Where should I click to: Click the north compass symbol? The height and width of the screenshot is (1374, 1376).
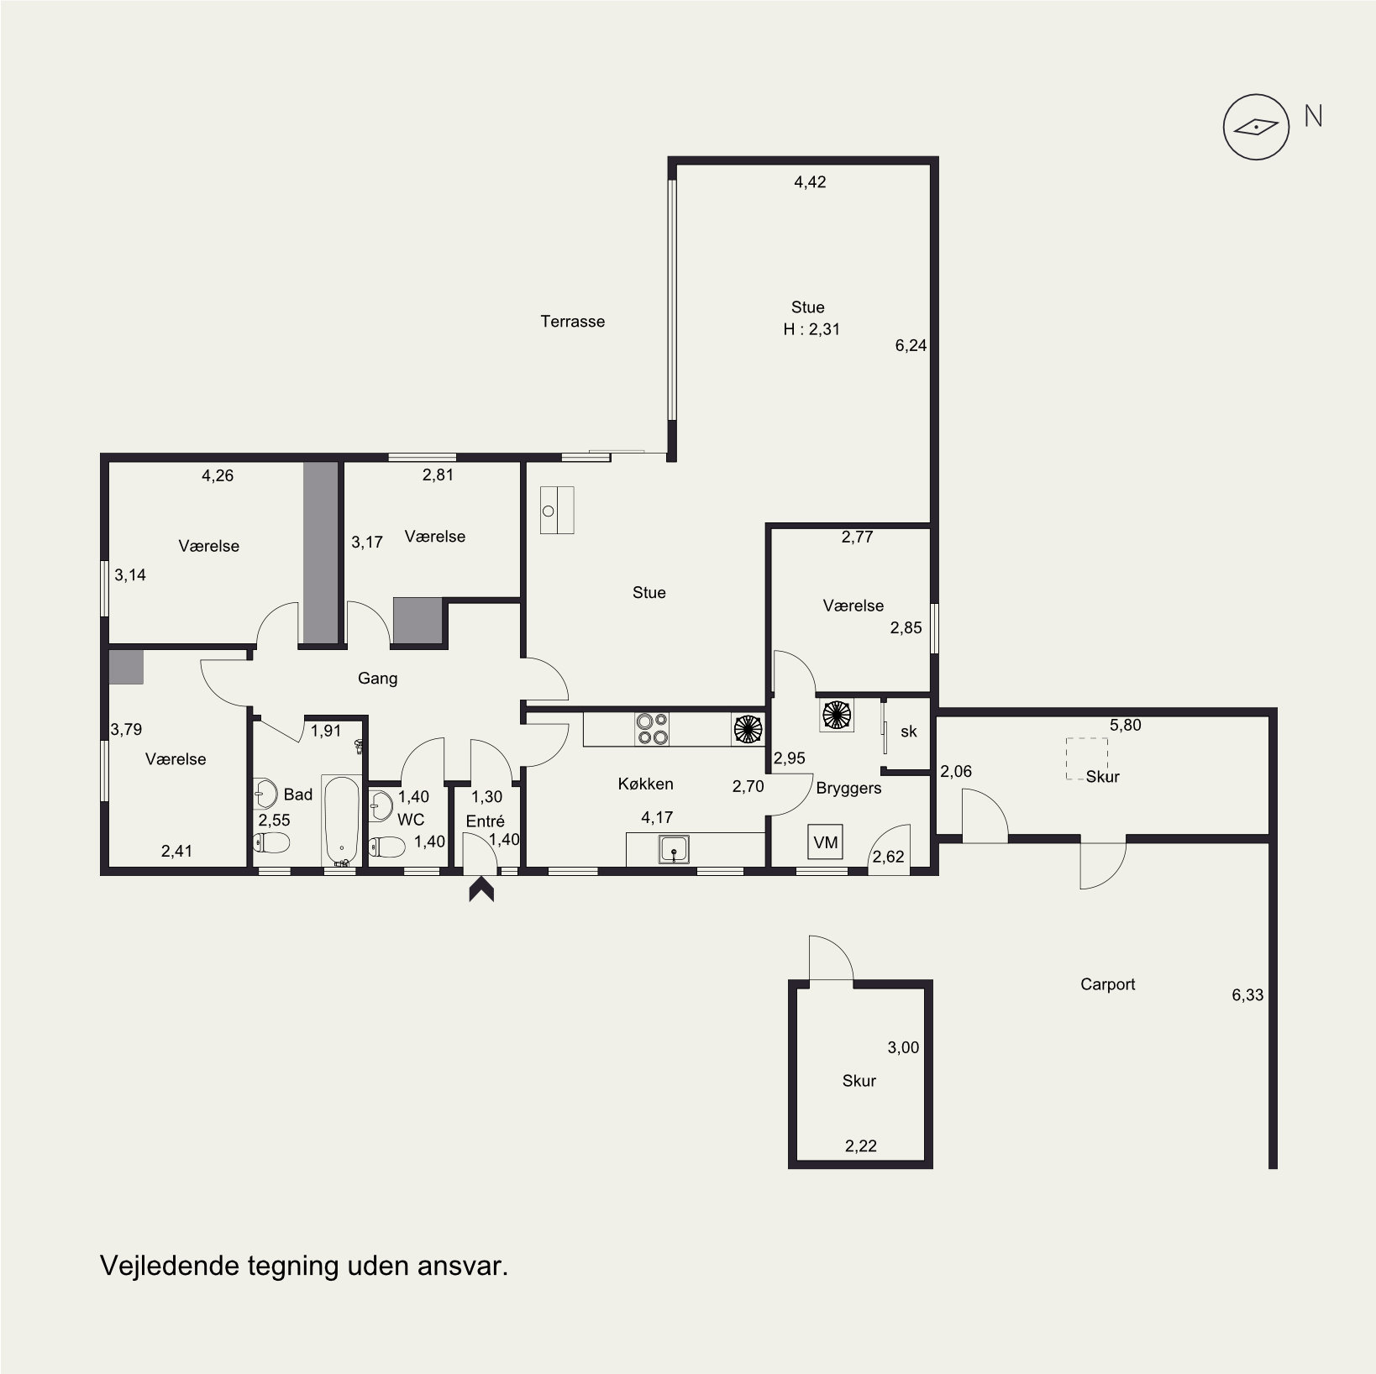[1255, 127]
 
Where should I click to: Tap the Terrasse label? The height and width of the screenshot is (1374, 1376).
[572, 322]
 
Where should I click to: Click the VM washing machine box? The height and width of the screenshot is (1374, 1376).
[826, 842]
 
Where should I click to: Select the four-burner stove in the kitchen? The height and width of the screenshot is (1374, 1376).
[652, 729]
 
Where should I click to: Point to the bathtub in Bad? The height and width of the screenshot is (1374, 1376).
[342, 821]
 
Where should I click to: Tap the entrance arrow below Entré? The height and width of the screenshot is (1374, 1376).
[481, 889]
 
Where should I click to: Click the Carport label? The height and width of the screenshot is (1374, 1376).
[1107, 984]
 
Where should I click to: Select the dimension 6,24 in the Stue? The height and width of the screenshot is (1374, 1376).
[911, 345]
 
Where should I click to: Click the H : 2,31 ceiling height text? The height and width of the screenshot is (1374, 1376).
[811, 329]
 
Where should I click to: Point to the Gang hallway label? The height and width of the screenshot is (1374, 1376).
[377, 679]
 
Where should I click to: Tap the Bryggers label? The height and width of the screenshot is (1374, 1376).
[848, 789]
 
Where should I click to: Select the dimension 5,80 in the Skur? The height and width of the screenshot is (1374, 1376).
[1126, 725]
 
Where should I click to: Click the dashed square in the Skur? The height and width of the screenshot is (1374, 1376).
[1087, 759]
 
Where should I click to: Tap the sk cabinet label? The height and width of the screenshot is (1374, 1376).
[908, 732]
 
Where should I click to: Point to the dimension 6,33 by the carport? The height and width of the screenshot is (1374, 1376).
[1247, 995]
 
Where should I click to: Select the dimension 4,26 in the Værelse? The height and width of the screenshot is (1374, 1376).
[218, 475]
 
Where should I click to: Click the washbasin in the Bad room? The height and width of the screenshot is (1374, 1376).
[266, 791]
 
